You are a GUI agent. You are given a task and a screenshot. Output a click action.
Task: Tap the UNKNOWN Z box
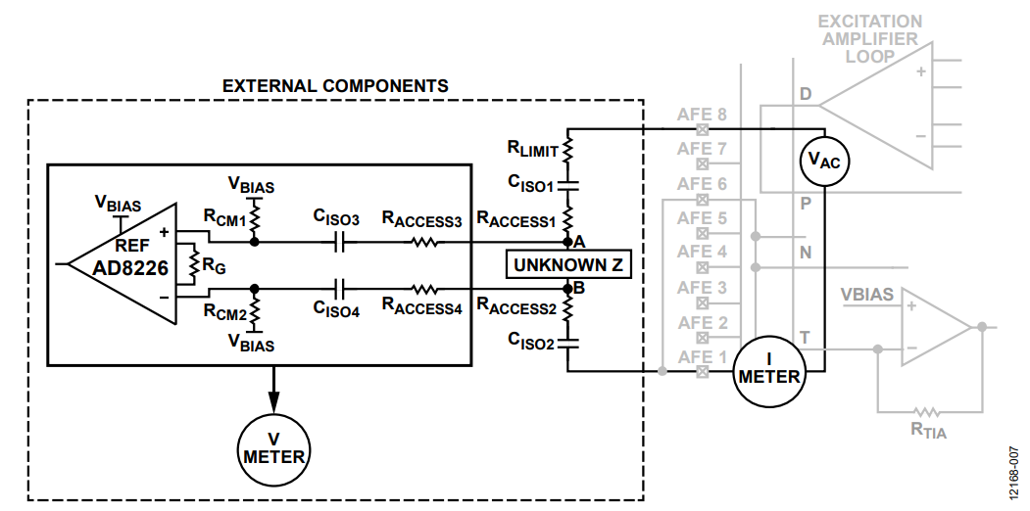(x=567, y=265)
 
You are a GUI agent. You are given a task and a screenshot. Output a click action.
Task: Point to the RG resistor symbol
(x=193, y=263)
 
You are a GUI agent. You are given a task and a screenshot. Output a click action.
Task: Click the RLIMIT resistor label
(x=533, y=149)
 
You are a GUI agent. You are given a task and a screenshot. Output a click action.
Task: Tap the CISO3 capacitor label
(x=336, y=218)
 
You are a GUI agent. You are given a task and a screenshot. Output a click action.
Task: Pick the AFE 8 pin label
(x=703, y=115)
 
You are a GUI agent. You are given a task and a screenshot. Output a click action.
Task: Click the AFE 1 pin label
(x=703, y=357)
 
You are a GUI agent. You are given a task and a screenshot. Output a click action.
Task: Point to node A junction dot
(x=567, y=242)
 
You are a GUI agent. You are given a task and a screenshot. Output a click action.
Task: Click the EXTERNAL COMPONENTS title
(x=335, y=86)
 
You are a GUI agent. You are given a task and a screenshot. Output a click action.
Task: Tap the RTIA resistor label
(x=928, y=431)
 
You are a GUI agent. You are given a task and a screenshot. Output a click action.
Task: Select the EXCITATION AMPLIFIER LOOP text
(x=869, y=39)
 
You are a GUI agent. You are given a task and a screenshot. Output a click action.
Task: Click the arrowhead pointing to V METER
(x=273, y=400)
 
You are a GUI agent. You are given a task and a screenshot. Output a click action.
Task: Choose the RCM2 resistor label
(x=224, y=312)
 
